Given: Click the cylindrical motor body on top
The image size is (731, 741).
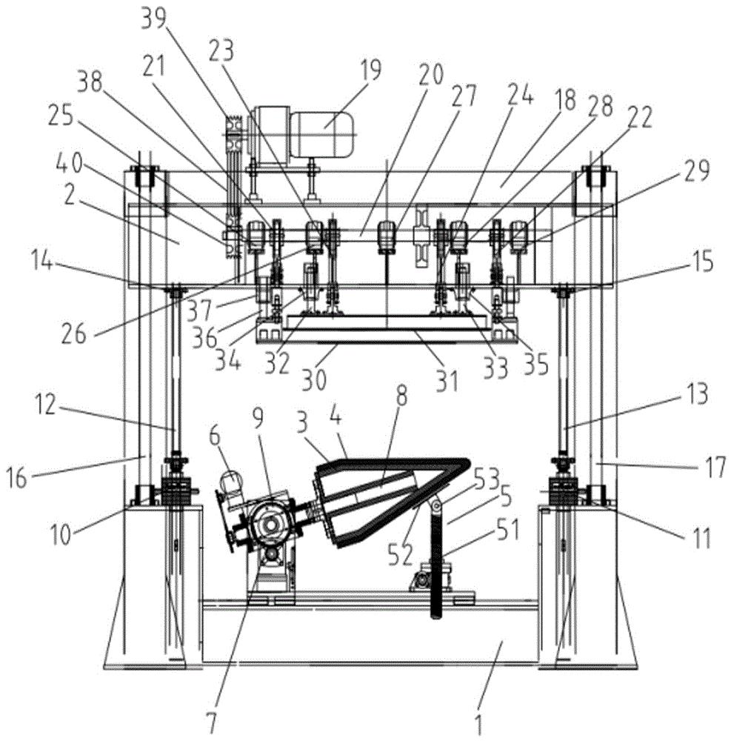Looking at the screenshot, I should pos(322,134).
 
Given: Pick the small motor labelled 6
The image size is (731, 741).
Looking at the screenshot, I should pos(232,485).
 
